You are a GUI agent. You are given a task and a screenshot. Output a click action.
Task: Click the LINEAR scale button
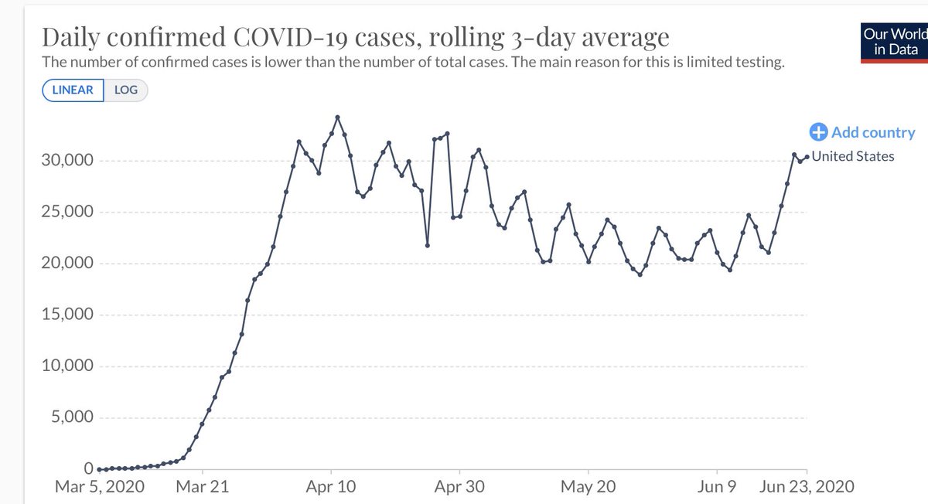(73, 90)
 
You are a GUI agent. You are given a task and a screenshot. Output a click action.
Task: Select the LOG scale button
(125, 90)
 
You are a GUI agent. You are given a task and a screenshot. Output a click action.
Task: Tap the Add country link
(872, 133)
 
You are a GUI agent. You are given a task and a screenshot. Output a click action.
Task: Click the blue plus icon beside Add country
(819, 133)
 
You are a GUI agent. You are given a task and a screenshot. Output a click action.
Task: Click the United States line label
(853, 156)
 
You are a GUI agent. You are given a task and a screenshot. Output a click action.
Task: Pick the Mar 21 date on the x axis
(203, 487)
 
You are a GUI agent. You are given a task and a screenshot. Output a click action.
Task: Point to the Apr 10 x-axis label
(331, 487)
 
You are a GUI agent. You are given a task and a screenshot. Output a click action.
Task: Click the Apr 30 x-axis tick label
(459, 487)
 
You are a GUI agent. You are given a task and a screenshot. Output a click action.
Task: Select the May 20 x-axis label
(589, 487)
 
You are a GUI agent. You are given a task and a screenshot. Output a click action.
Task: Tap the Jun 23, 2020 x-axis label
(808, 487)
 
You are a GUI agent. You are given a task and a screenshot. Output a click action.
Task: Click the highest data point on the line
(338, 117)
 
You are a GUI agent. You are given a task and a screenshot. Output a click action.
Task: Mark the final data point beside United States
(807, 157)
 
